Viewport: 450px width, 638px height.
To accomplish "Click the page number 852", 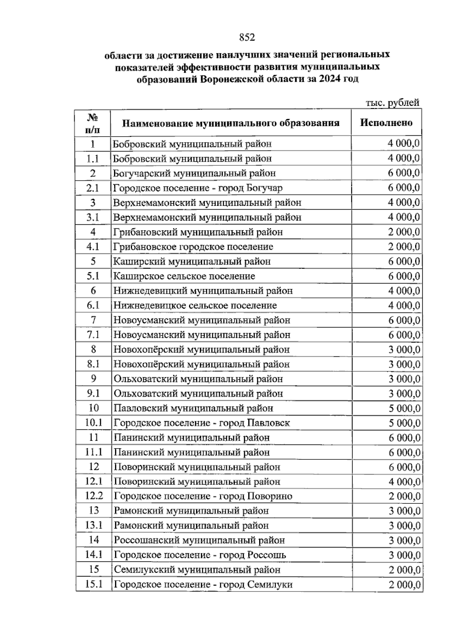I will point(247,38).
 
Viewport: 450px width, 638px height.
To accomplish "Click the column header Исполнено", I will point(386,123).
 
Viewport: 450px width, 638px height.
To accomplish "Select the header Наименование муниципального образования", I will point(231,123).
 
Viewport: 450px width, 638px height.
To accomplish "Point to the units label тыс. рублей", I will point(392,103).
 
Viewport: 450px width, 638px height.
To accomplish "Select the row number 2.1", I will point(93,188).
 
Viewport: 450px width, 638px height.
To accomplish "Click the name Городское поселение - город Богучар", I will point(198,188).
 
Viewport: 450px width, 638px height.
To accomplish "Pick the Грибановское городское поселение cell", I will point(193,247).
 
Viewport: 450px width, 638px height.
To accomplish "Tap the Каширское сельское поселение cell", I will point(184,276).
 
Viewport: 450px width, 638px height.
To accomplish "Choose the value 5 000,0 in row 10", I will point(404,408).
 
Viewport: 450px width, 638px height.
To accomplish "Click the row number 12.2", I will point(94,496).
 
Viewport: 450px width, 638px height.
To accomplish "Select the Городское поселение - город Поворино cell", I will point(203,496).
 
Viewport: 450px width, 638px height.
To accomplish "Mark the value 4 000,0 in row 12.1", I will point(404,482).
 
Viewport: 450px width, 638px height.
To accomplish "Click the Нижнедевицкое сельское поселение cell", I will point(195,306).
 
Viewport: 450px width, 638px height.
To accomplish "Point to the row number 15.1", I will point(94,584).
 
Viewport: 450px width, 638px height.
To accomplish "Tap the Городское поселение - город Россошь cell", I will point(200,555).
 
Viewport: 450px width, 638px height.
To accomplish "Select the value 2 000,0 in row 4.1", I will point(404,247).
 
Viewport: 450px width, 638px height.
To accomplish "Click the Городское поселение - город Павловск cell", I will point(202,423).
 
